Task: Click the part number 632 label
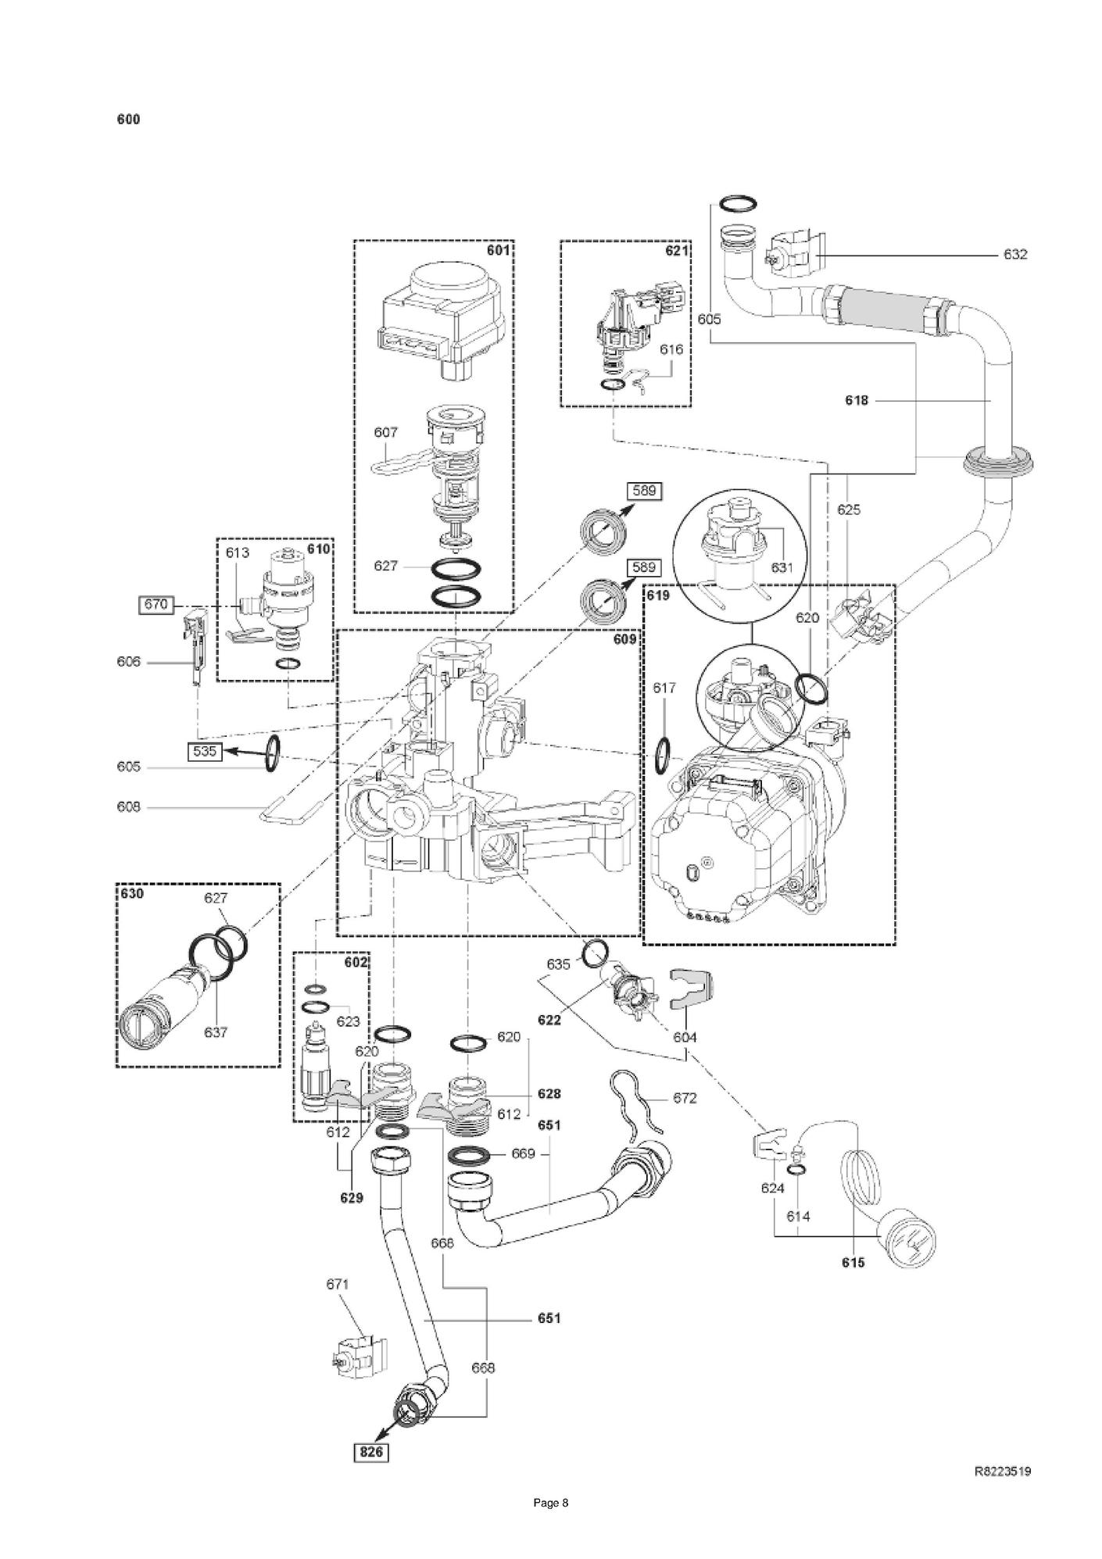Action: (x=1015, y=255)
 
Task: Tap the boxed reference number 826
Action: (x=370, y=1452)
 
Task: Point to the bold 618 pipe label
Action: (x=857, y=401)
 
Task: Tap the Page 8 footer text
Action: (x=551, y=1525)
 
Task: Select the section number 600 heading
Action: (x=128, y=120)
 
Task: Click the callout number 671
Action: (x=338, y=1284)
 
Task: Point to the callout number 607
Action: (x=386, y=432)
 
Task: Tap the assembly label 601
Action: (x=498, y=251)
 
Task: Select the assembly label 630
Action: (x=132, y=893)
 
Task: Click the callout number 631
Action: (x=782, y=568)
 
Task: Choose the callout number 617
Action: (x=664, y=688)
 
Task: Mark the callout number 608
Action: (x=128, y=807)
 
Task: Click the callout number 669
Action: (x=523, y=1153)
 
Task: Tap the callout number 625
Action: (x=849, y=510)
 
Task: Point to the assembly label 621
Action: (x=677, y=251)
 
